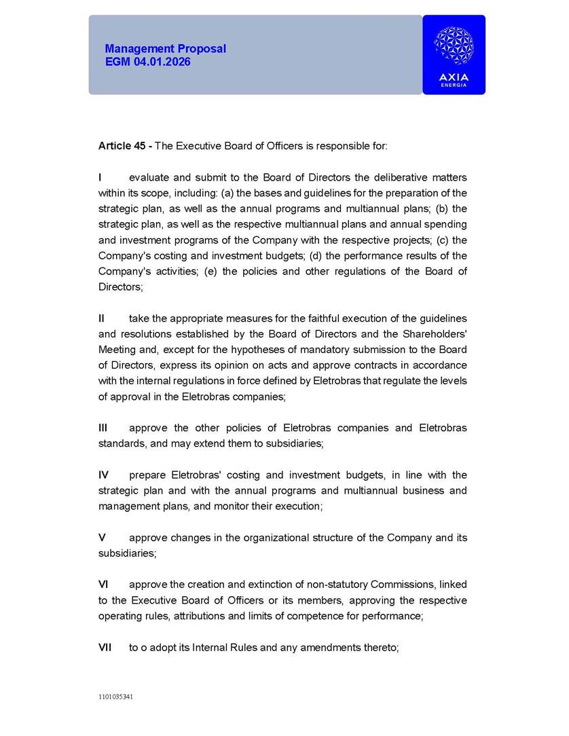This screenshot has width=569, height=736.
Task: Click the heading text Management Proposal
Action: point(166,49)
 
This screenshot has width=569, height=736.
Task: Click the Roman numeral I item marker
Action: point(100,178)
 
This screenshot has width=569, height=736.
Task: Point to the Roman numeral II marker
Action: point(102,318)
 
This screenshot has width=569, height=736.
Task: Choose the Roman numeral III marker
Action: point(103,428)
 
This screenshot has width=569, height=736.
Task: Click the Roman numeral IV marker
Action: point(104,475)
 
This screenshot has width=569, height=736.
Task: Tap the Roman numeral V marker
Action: point(102,538)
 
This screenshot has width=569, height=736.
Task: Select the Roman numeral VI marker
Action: point(103,585)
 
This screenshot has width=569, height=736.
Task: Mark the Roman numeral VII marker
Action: point(105,648)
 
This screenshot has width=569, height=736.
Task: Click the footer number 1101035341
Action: point(116,697)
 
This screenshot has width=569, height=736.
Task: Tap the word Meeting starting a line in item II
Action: point(117,350)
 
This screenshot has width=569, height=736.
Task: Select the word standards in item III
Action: point(121,444)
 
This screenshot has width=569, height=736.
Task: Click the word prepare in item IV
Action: point(147,475)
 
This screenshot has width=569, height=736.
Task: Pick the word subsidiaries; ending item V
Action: point(128,553)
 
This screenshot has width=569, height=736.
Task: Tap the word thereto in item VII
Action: point(380,648)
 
